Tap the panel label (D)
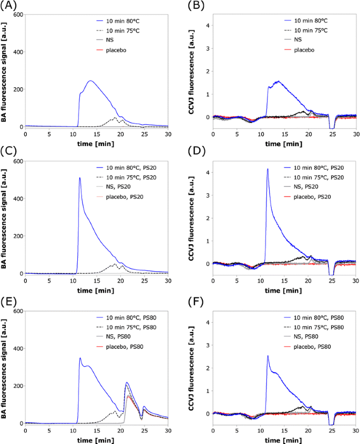[x=195, y=152]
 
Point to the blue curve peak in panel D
[x=268, y=169]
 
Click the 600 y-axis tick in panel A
[x=17, y=14]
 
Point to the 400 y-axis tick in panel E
[x=17, y=348]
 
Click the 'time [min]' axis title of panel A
[x=96, y=143]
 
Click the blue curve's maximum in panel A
[x=90, y=81]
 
